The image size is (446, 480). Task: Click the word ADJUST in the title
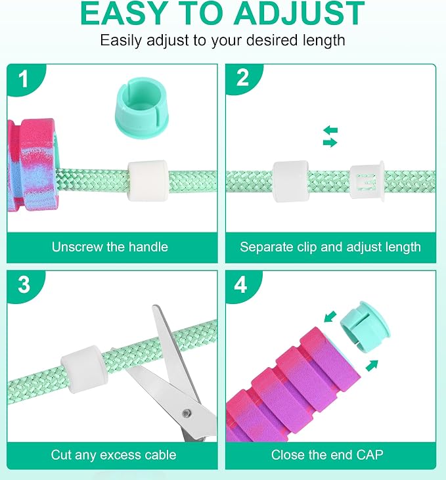299,13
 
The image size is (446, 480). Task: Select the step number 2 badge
242,78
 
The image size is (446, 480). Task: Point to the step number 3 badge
24,285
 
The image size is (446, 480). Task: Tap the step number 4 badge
241,285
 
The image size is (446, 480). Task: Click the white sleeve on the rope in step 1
148,181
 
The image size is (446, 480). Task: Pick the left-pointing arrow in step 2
330,130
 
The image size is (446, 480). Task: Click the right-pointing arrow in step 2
330,142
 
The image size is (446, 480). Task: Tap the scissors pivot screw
186,414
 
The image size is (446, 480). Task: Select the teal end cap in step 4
365,326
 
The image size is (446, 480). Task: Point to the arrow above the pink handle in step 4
330,317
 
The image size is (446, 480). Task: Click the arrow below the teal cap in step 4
372,366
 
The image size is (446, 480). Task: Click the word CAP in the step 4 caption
368,454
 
